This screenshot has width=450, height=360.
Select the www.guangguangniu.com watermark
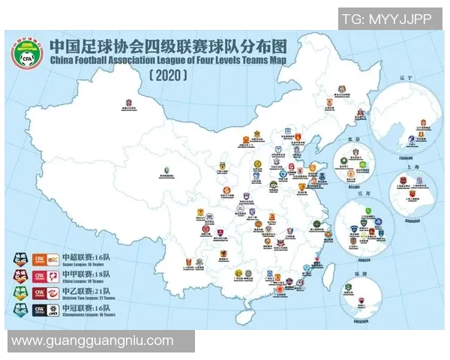click(x=93, y=341)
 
